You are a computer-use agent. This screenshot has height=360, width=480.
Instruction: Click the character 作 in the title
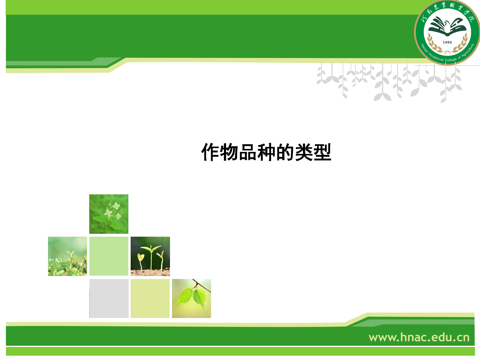[x=210, y=152]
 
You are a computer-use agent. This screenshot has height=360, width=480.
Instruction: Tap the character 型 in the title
[x=322, y=152]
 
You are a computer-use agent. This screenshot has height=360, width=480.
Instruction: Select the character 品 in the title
[x=248, y=152]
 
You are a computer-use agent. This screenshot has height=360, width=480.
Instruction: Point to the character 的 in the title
[x=285, y=152]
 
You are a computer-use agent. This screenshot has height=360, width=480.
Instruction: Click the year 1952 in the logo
[x=447, y=42]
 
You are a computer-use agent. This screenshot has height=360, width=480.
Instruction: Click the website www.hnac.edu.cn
[x=419, y=337]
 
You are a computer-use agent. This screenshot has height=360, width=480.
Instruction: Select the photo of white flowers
[x=109, y=214]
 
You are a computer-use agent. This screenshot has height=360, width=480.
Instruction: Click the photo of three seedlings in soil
[x=150, y=256]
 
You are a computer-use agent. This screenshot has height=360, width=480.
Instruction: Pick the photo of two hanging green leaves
[x=191, y=298]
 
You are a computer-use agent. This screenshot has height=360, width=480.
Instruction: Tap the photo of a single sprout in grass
[x=67, y=256]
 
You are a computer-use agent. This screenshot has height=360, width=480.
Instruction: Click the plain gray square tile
[x=109, y=298]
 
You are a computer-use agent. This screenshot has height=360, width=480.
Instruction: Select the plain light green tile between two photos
[x=109, y=256]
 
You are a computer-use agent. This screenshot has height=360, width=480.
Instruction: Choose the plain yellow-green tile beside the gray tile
[x=150, y=298]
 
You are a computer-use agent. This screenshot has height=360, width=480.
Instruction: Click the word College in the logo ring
[x=451, y=60]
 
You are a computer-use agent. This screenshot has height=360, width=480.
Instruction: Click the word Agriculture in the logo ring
[x=468, y=51]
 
